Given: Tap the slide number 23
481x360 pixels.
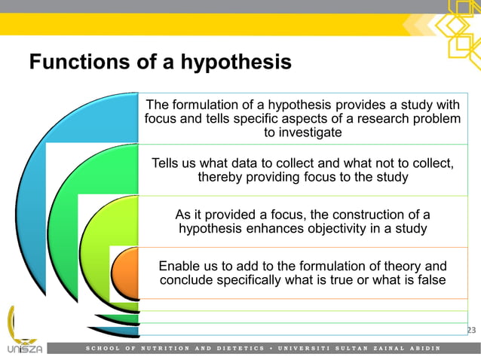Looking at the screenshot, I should (x=473, y=330).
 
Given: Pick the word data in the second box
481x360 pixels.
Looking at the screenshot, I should (x=260, y=163).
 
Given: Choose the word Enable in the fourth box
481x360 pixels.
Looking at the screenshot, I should (x=179, y=266).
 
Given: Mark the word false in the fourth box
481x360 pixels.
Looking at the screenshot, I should (x=430, y=280).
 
